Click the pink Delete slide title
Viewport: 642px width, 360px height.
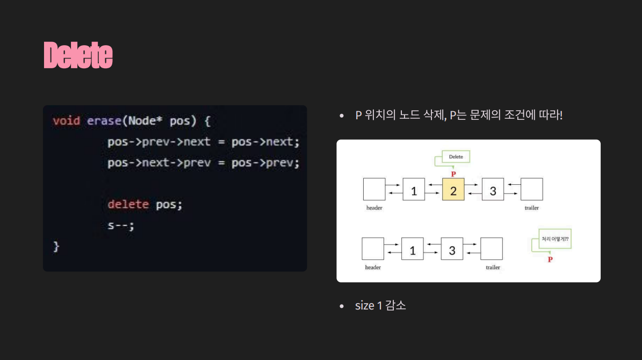[x=78, y=55]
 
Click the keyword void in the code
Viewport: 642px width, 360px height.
[x=66, y=121]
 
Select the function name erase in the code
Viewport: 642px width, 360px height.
[x=104, y=121]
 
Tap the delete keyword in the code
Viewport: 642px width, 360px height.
[x=128, y=204]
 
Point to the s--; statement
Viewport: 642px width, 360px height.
[x=120, y=226]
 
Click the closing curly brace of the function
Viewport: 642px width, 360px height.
[x=56, y=247]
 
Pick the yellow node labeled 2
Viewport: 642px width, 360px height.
[x=453, y=190]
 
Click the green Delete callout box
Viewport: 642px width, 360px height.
[x=456, y=157]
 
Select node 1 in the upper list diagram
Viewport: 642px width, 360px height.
[x=414, y=190]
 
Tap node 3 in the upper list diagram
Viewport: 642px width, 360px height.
[x=493, y=190]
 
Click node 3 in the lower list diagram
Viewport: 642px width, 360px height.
[x=452, y=249]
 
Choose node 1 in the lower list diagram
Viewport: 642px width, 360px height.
[x=413, y=249]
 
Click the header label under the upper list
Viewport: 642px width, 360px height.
[x=374, y=208]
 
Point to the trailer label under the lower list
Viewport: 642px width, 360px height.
[x=493, y=268]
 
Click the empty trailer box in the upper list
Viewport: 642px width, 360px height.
[x=531, y=190]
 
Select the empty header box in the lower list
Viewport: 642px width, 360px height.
[x=373, y=249]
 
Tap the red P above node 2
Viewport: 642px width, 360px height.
[x=453, y=174]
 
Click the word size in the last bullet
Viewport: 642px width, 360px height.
[x=364, y=306]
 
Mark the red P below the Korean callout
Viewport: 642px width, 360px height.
[x=550, y=260]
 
